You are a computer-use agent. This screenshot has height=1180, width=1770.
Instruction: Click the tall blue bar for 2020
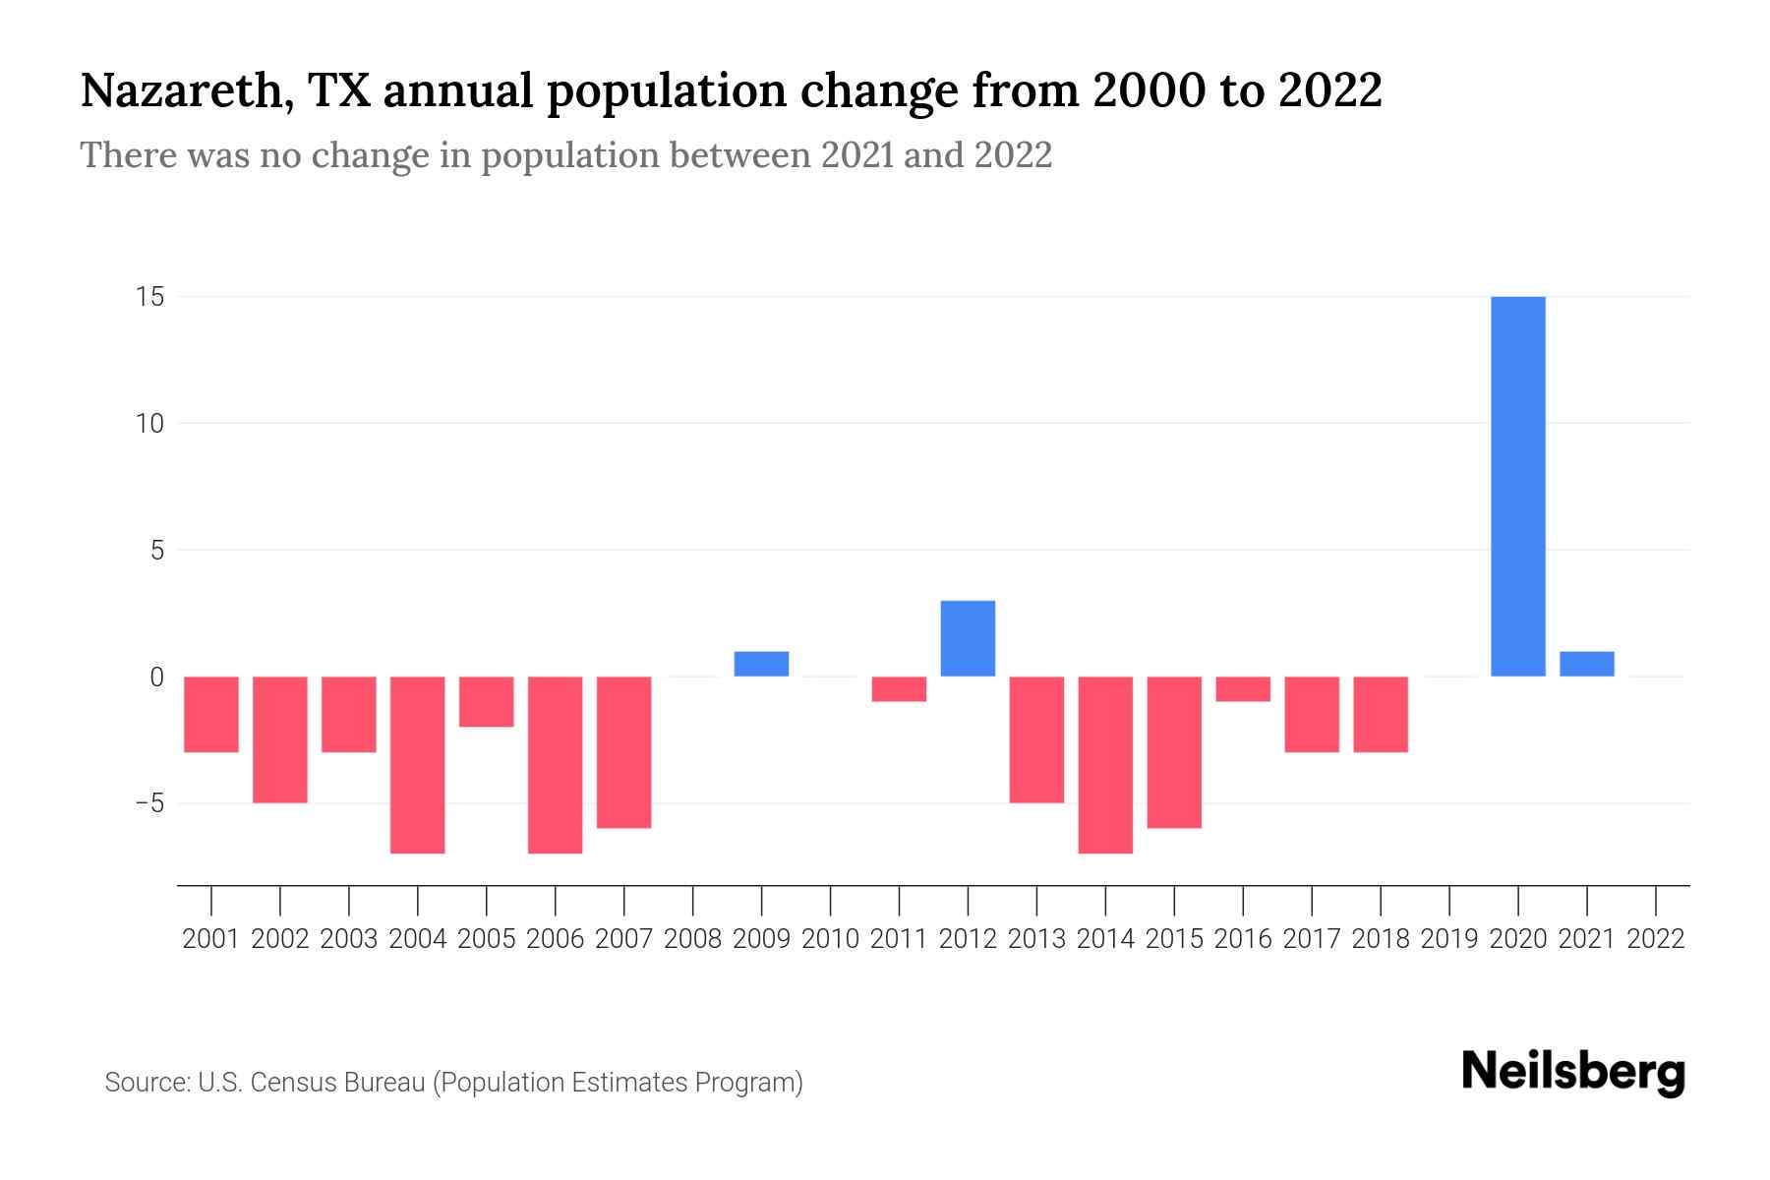(x=1517, y=486)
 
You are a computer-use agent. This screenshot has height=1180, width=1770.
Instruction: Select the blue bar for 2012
(x=968, y=638)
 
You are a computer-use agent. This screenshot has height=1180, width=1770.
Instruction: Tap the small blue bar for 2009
(x=761, y=664)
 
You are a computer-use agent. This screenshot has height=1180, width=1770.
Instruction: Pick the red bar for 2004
(x=418, y=764)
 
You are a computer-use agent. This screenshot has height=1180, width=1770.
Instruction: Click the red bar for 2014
(x=1105, y=764)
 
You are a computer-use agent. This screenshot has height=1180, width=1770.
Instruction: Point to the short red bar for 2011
(x=899, y=688)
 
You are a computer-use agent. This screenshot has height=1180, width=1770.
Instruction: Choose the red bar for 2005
(x=487, y=701)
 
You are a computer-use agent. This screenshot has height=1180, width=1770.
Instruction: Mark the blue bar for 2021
(x=1586, y=664)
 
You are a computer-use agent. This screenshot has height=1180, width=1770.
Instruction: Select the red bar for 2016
(x=1243, y=688)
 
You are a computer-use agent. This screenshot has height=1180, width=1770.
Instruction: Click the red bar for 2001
(x=211, y=714)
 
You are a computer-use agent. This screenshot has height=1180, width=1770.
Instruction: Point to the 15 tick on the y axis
(x=149, y=297)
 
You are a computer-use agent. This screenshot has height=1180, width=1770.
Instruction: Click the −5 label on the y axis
(x=148, y=803)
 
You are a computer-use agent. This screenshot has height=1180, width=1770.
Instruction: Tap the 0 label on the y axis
(x=156, y=678)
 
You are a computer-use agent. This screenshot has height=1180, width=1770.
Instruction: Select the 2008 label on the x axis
(x=692, y=939)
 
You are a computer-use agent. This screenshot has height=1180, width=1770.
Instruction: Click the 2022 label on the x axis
(x=1656, y=939)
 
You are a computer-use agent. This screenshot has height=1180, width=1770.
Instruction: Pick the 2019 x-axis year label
(x=1449, y=939)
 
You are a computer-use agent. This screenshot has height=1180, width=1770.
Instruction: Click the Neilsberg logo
(x=1573, y=1072)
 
